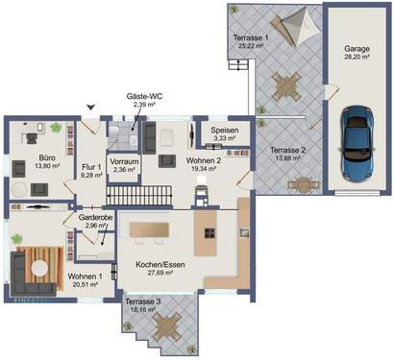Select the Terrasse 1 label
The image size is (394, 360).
click(x=252, y=36)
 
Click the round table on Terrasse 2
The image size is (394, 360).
click(x=304, y=184)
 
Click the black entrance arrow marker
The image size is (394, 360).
click(x=91, y=108)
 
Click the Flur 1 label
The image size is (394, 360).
click(x=90, y=166)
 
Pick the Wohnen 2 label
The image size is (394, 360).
click(x=177, y=162)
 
